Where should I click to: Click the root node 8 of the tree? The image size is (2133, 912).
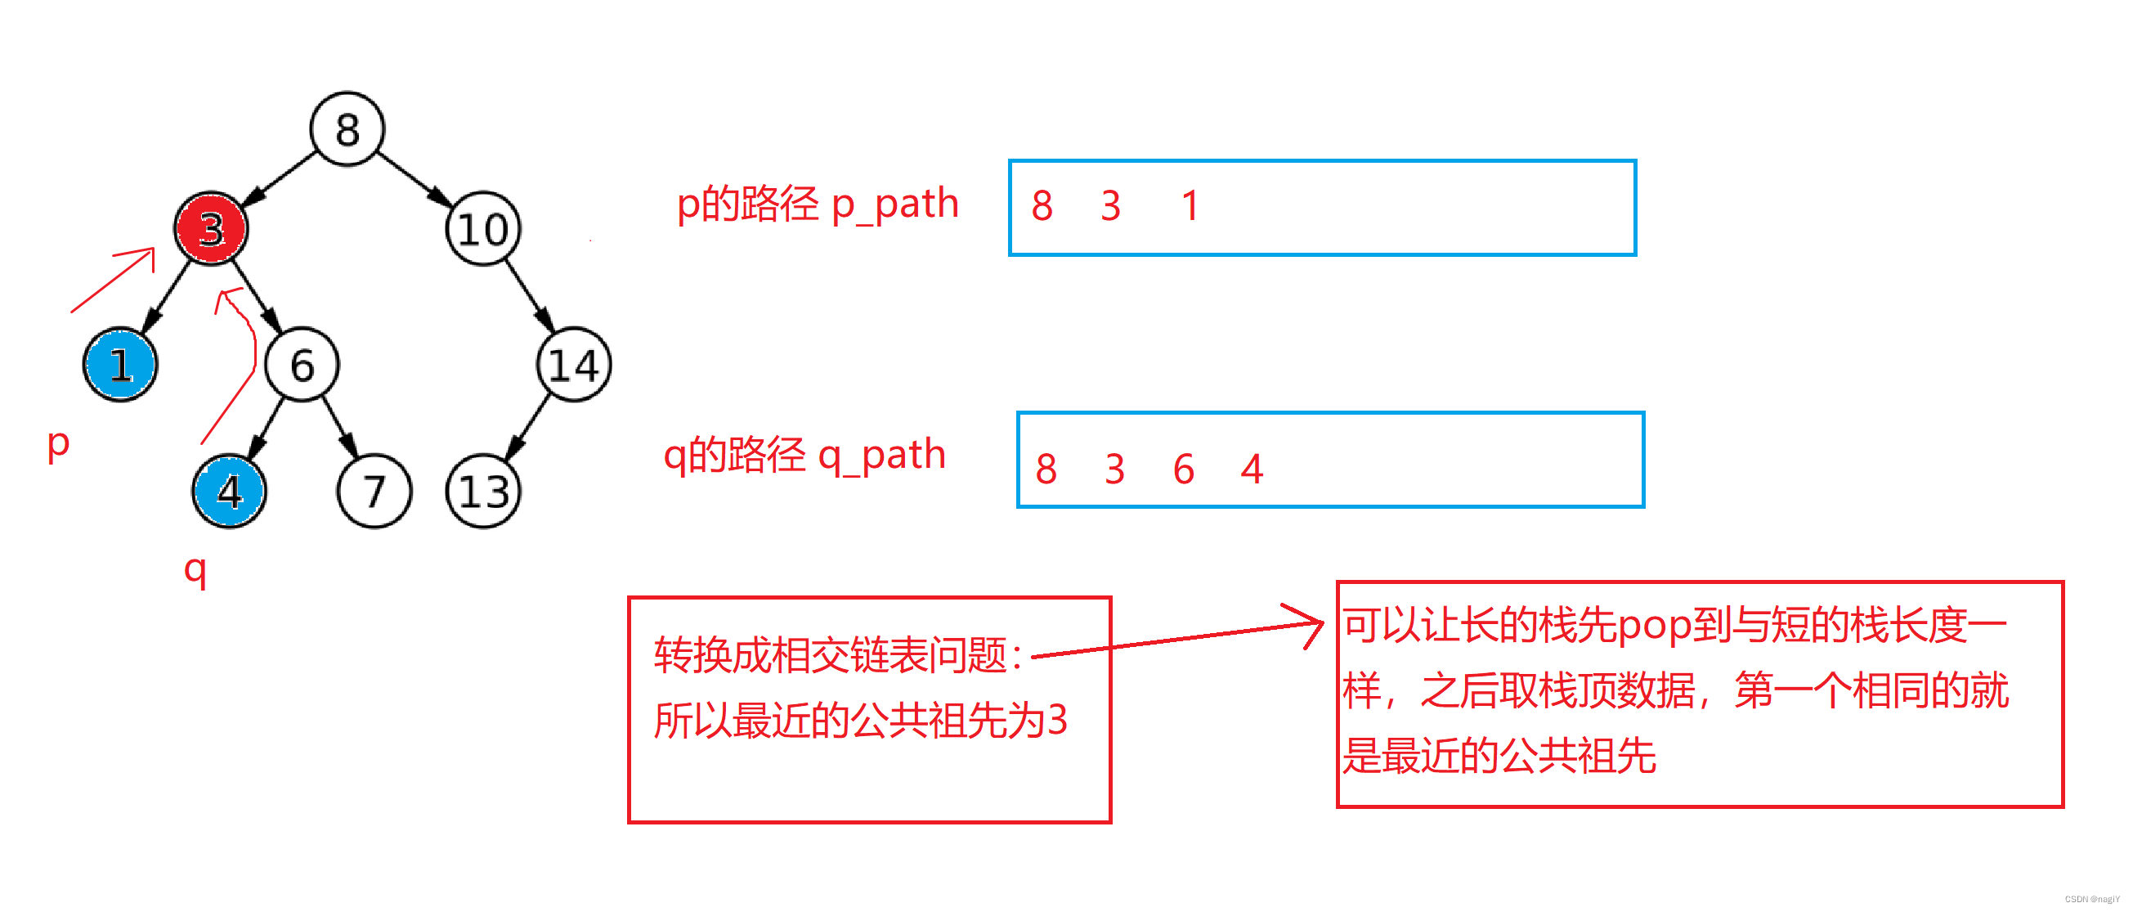347,129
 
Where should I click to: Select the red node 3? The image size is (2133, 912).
210,227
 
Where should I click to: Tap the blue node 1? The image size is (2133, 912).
120,365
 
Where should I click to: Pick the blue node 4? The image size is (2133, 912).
229,492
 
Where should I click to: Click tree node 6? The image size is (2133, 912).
302,365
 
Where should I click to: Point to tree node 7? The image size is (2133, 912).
374,492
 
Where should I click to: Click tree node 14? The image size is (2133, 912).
574,365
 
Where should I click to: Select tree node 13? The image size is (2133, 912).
482,492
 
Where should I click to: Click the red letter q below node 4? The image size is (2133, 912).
195,570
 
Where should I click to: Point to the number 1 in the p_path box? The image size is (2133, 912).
1190,205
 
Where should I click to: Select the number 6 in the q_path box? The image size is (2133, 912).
1183,469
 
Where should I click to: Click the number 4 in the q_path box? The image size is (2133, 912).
1251,469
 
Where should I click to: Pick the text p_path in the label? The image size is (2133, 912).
894,204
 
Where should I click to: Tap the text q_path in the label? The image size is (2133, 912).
881,456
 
